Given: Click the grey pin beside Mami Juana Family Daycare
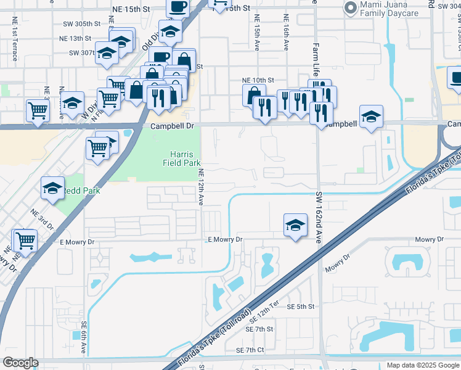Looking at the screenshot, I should pos(351,8).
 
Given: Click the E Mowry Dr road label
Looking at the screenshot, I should pos(226,239).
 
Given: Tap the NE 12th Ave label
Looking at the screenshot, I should pos(200,186).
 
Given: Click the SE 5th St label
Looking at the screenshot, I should pos(301,306).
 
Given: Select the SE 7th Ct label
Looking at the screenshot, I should pos(250,350).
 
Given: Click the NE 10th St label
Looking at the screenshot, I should pos(258,80).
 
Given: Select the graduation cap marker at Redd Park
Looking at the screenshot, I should pos(53,187).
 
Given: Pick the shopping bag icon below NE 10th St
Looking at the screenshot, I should pos(254,96).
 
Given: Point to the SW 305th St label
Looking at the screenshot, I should pos(85,24).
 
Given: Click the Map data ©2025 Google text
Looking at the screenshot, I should pos(422,365).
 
